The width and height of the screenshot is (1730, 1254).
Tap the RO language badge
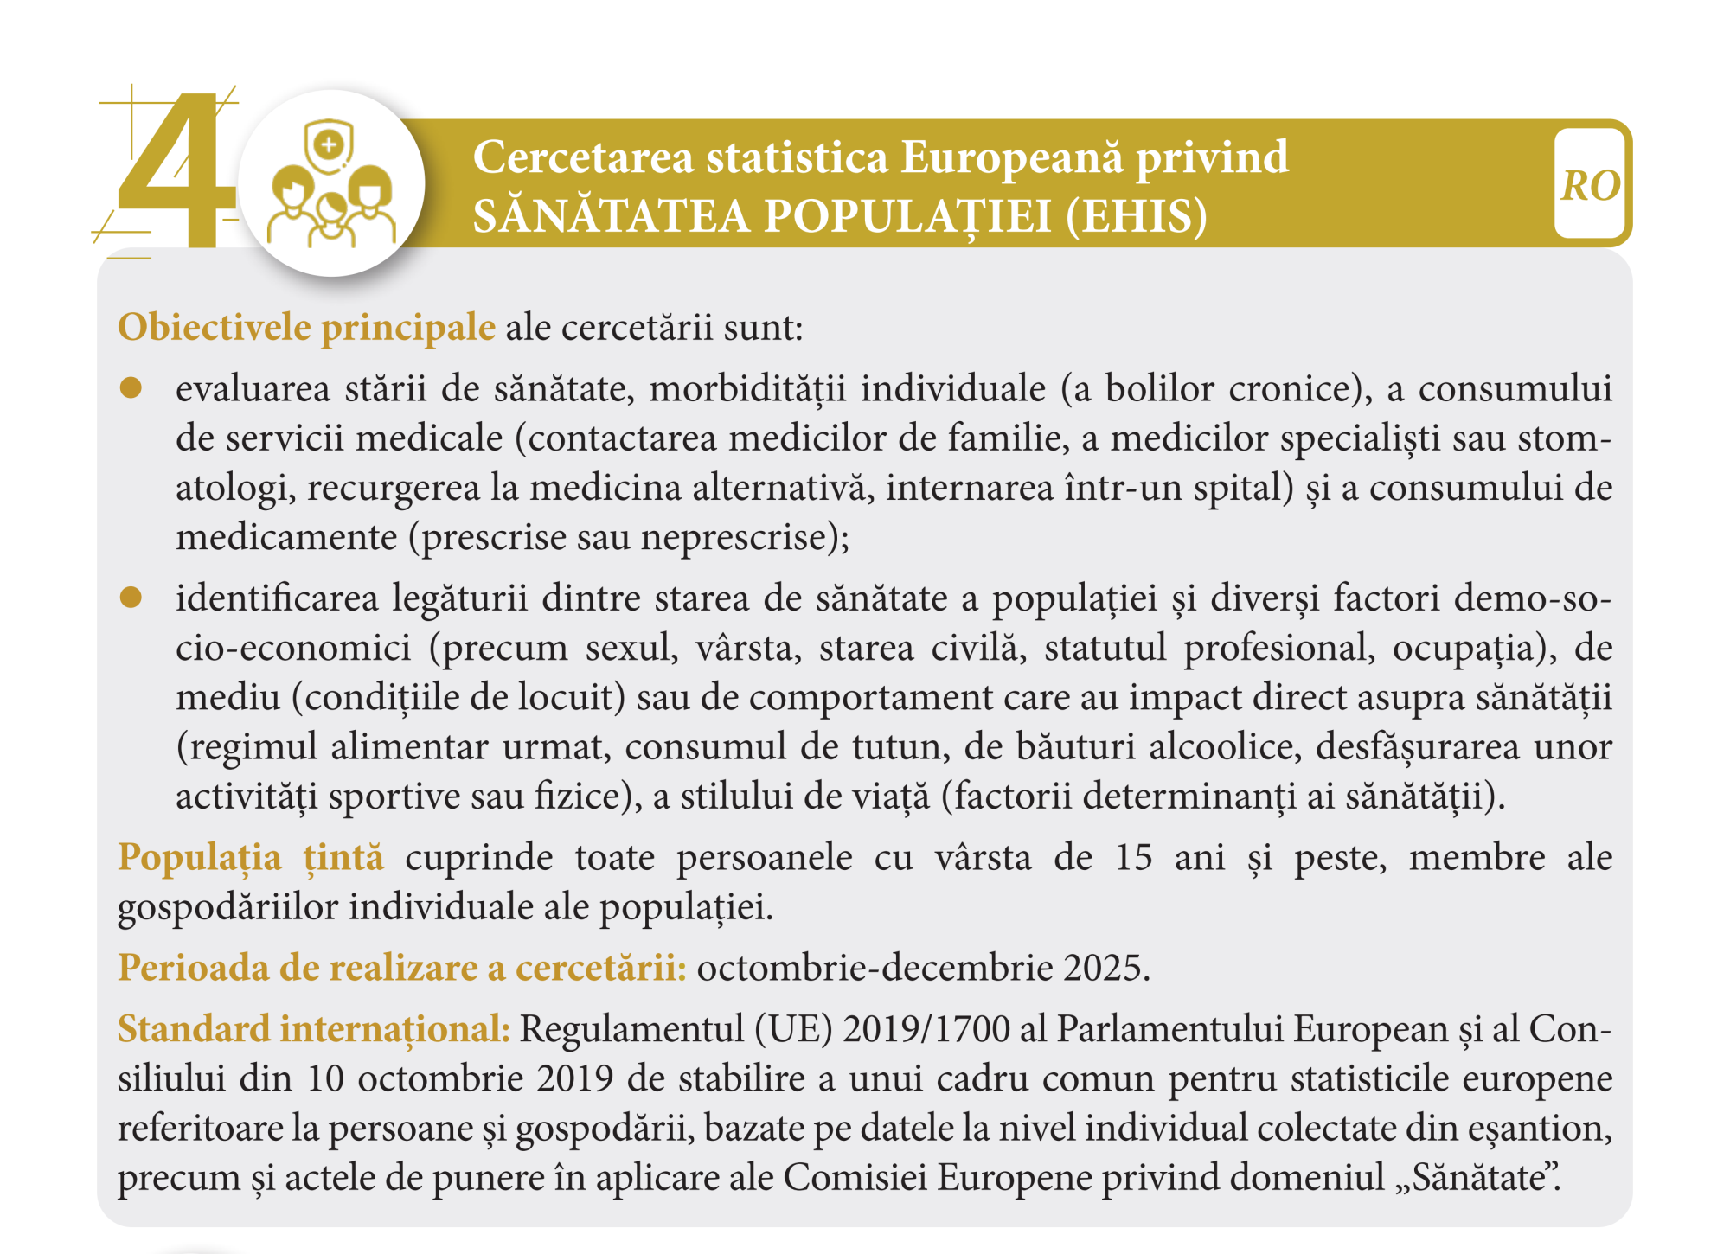coord(1590,185)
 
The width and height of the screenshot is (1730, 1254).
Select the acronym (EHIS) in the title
coord(1137,216)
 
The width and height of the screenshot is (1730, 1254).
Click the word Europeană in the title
coord(1011,157)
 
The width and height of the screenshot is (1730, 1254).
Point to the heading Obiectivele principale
coord(306,328)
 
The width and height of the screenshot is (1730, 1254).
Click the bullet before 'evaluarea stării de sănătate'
coord(131,388)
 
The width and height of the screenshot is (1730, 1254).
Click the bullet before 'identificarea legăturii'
coord(131,598)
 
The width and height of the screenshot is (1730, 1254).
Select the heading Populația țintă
coord(251,857)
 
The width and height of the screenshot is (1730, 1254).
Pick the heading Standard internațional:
coord(314,1029)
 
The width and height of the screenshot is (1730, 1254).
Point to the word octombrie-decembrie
coord(875,968)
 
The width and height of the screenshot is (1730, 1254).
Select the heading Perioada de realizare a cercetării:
coord(402,968)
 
